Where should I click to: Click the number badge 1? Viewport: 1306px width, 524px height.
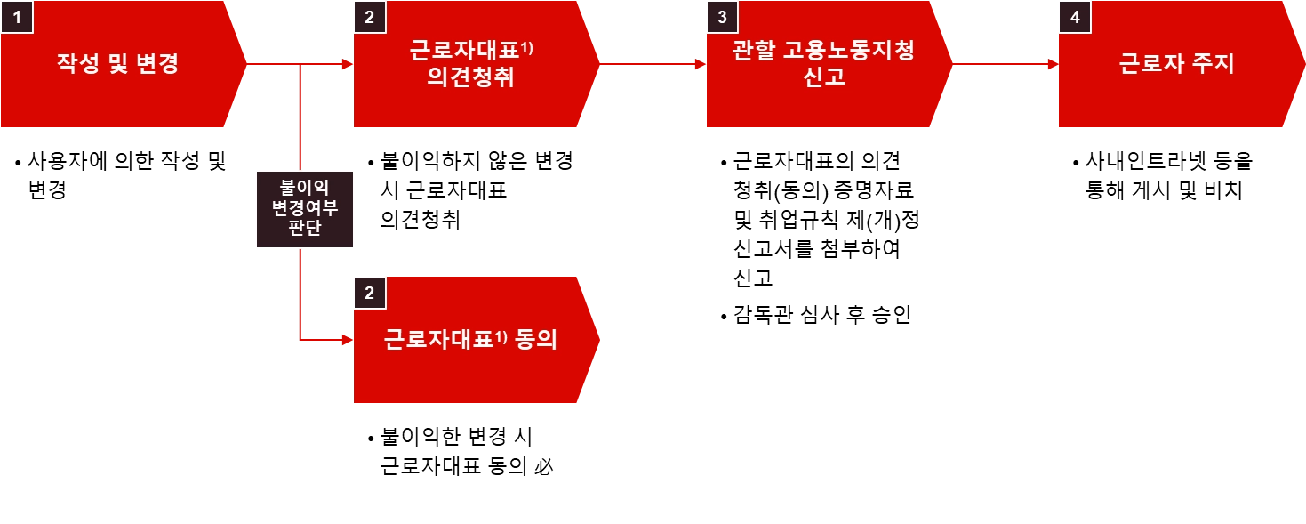pyautogui.click(x=16, y=17)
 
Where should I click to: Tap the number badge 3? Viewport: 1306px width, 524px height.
pyautogui.click(x=721, y=17)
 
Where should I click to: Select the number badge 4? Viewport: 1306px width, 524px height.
pyautogui.click(x=1074, y=17)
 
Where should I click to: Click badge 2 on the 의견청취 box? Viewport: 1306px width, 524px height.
pyautogui.click(x=370, y=17)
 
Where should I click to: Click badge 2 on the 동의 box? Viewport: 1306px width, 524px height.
pyautogui.click(x=370, y=293)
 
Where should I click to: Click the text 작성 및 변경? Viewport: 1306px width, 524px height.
pyautogui.click(x=117, y=64)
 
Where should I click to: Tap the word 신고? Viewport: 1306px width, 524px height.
pyautogui.click(x=823, y=78)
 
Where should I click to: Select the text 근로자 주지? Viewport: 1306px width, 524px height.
pyautogui.click(x=1176, y=64)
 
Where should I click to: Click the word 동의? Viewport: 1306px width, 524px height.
pyautogui.click(x=536, y=340)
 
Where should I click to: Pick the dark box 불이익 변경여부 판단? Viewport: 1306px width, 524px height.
pyautogui.click(x=302, y=208)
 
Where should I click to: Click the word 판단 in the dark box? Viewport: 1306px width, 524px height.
pyautogui.click(x=302, y=229)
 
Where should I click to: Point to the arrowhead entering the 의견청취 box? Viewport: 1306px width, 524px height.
pyautogui.click(x=348, y=64)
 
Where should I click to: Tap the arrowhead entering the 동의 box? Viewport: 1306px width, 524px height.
pyautogui.click(x=348, y=339)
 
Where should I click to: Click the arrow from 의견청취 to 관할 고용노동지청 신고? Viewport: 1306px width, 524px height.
pyautogui.click(x=649, y=64)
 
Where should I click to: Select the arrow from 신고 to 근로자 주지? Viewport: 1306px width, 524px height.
pyautogui.click(x=1003, y=64)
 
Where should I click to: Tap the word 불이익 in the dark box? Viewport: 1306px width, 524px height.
pyautogui.click(x=302, y=189)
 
